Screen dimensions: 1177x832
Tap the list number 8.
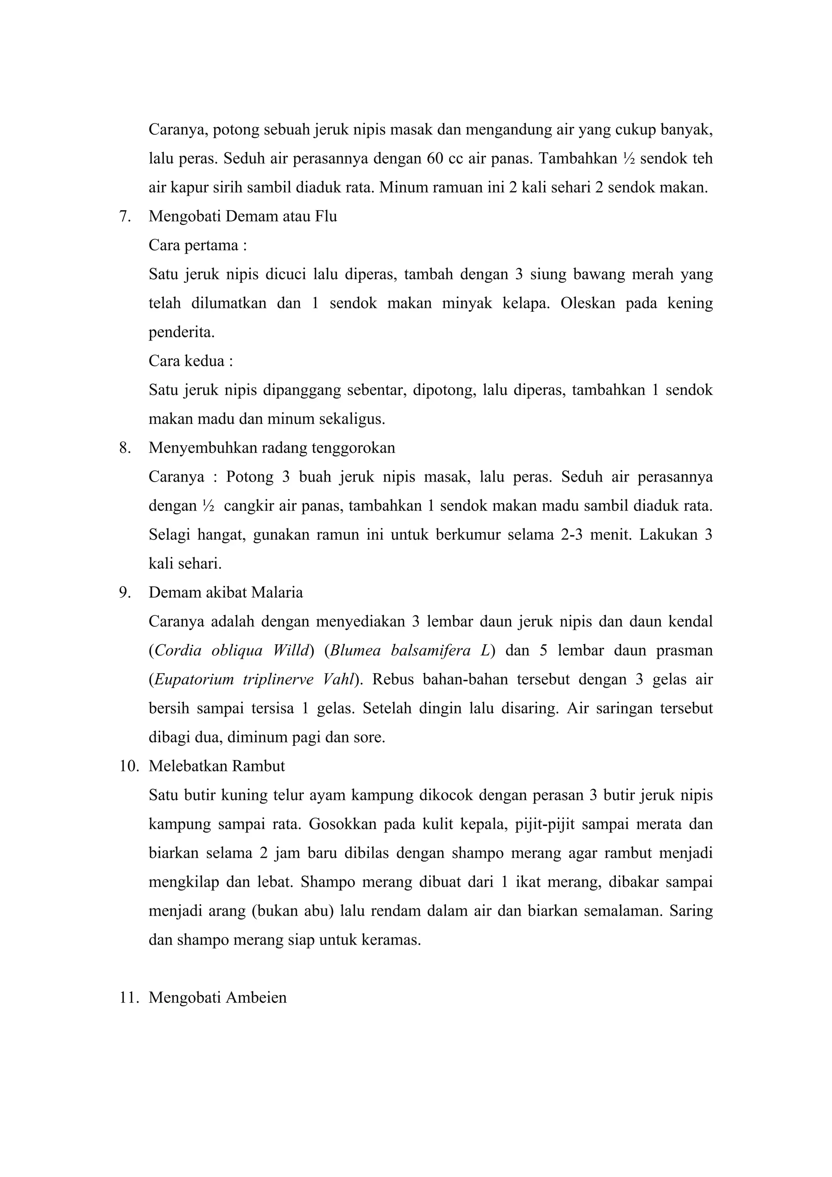(x=124, y=448)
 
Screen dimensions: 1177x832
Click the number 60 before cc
(x=434, y=159)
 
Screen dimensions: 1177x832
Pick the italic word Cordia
(x=177, y=651)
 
